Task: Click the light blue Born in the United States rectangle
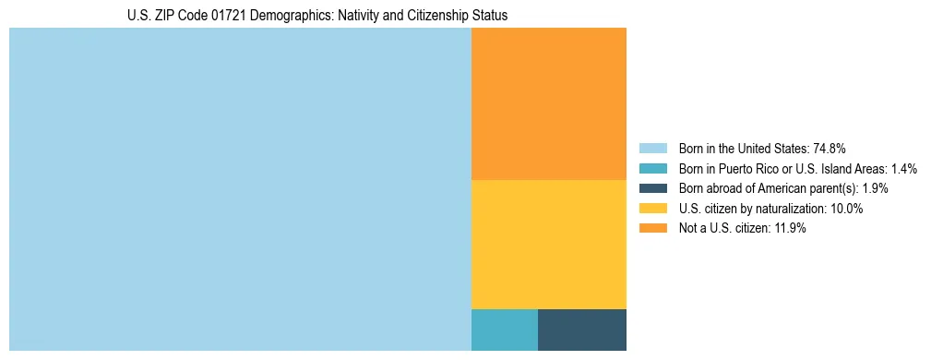point(240,189)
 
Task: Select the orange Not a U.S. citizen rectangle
point(548,103)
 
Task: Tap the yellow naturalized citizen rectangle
point(548,244)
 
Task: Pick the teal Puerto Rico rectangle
point(504,330)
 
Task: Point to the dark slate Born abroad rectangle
point(581,330)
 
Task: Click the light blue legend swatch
point(653,148)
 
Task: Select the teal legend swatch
point(653,168)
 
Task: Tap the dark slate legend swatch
point(653,188)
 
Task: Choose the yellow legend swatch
point(653,209)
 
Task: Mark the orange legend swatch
point(653,229)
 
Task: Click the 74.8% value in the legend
point(830,148)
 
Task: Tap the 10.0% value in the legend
point(846,209)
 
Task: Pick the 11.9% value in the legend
point(789,229)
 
